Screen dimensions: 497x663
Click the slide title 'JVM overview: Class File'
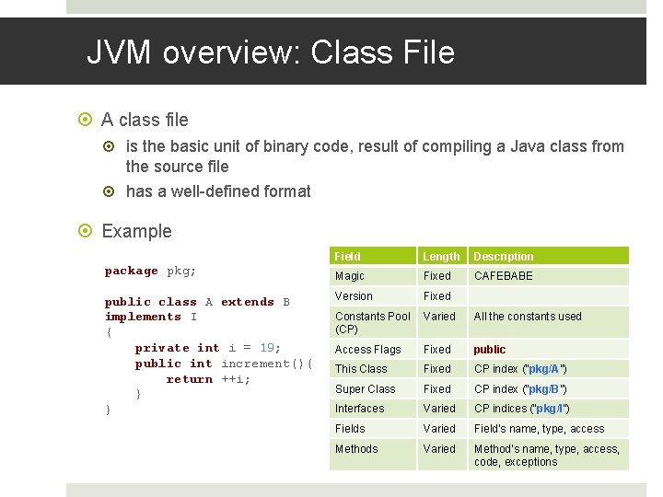[x=271, y=52]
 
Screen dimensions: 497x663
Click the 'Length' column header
[x=441, y=257]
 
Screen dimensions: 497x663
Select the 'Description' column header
[x=503, y=257]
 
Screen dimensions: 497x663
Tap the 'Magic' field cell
[x=350, y=276]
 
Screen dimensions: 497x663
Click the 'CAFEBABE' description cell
[x=503, y=276]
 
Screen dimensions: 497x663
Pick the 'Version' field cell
[x=354, y=296]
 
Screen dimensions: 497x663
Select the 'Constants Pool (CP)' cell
[x=372, y=322]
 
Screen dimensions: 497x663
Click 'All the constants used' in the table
[x=528, y=317]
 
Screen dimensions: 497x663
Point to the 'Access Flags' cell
[x=367, y=350]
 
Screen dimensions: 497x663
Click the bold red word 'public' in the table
[x=490, y=350]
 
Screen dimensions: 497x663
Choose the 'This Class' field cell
[x=361, y=369]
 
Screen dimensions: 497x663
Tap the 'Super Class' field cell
[x=365, y=389]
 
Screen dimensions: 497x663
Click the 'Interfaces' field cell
[x=359, y=409]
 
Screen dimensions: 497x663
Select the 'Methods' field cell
[x=356, y=449]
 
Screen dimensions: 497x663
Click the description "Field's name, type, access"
[x=539, y=429]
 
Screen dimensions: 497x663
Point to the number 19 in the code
[x=267, y=348]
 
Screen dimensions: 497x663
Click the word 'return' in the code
[x=189, y=379]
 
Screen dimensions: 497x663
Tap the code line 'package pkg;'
[x=150, y=271]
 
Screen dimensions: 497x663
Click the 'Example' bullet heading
[x=136, y=231]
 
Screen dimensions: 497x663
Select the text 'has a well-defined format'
[x=218, y=191]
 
